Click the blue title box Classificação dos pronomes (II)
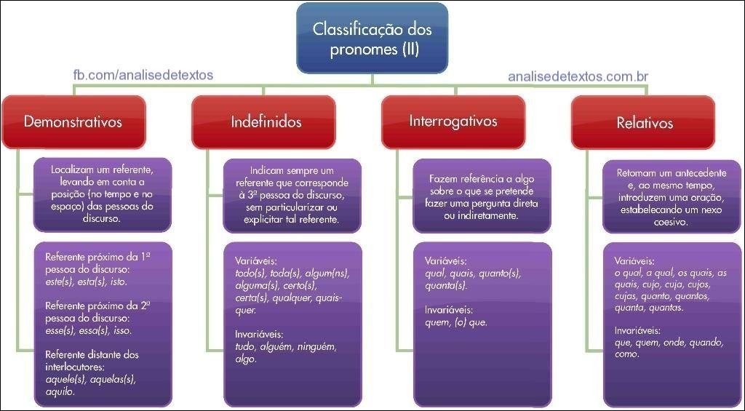(x=372, y=39)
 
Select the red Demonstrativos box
(x=73, y=121)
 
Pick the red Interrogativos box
(x=453, y=120)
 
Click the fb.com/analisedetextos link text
(x=143, y=75)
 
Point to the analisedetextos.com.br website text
(x=578, y=76)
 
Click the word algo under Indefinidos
(x=246, y=359)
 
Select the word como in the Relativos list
(x=626, y=354)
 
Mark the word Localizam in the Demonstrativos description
(x=73, y=169)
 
